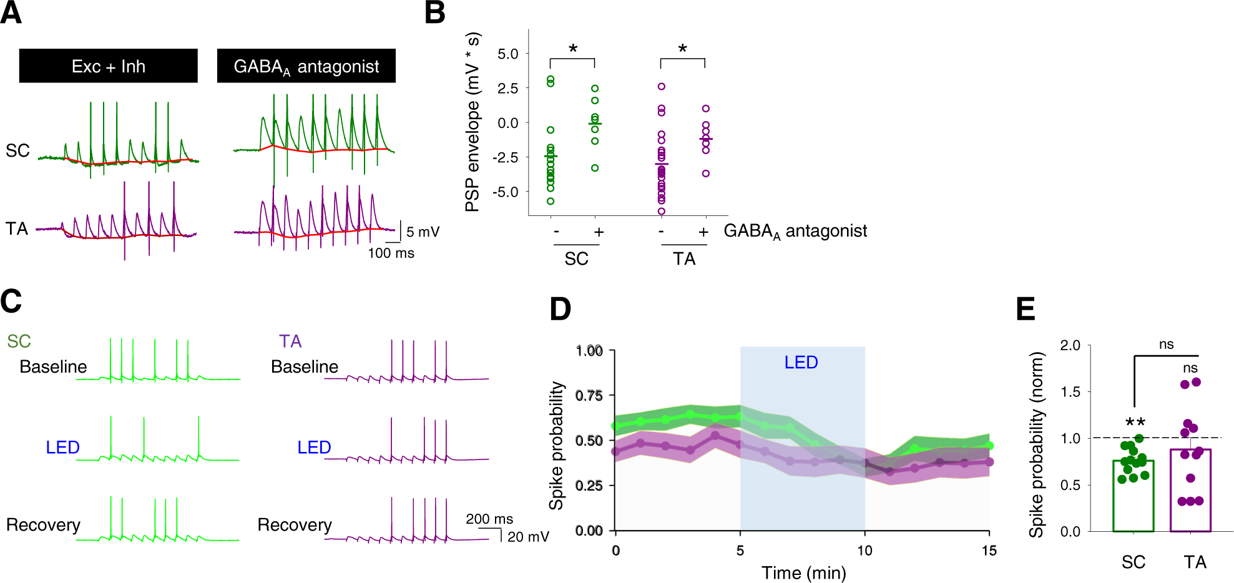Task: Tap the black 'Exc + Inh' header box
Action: coord(108,66)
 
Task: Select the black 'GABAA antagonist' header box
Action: coord(306,66)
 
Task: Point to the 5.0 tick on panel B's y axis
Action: coord(508,54)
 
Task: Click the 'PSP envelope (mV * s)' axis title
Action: coord(473,122)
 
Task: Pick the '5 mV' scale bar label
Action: coord(423,232)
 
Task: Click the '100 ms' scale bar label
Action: coord(391,253)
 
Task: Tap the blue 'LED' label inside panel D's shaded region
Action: coord(801,362)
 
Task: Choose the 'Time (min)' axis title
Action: coord(803,572)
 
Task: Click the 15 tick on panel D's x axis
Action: coord(989,551)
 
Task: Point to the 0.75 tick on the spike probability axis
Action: coord(589,395)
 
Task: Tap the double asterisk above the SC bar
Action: coord(1135,423)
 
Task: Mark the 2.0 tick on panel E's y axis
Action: coord(1070,345)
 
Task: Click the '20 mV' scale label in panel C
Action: coord(528,537)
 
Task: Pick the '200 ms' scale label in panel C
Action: coord(489,519)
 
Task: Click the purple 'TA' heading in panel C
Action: coord(290,341)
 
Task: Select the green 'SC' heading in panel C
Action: coord(19,341)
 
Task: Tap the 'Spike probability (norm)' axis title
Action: coord(1037,444)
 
